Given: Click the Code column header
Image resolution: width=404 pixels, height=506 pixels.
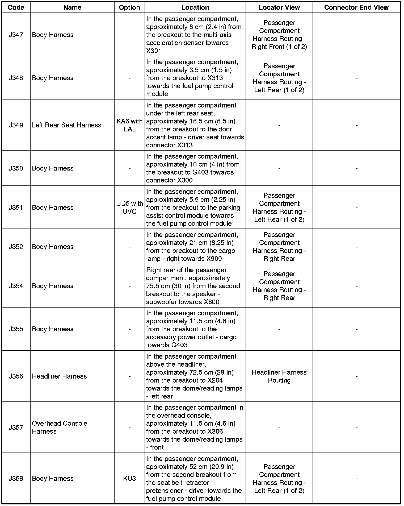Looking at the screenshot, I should click(16, 7).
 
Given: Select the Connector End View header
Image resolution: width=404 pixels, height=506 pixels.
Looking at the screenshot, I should click(356, 7).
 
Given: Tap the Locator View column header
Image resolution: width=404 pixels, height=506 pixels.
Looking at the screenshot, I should click(279, 7).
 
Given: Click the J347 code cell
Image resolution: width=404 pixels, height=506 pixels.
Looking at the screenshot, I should click(16, 35).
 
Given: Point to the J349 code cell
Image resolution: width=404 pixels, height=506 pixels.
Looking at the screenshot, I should click(16, 125).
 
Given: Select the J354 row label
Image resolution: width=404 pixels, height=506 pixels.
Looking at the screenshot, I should click(16, 286).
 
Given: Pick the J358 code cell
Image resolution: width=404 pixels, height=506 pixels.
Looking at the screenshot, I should click(16, 479).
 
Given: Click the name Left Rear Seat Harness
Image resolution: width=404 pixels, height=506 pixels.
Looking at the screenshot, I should click(66, 125).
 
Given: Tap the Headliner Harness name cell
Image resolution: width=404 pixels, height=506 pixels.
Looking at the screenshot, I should click(59, 376).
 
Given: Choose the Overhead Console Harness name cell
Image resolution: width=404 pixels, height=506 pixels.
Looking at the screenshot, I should click(59, 427).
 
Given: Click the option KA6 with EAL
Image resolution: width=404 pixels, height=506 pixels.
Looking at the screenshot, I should click(129, 125).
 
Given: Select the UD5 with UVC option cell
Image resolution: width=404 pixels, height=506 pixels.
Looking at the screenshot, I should click(129, 208).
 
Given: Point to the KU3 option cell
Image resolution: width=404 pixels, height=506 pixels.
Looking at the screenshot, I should click(129, 479).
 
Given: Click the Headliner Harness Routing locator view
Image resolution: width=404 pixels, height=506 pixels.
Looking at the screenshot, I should click(279, 376).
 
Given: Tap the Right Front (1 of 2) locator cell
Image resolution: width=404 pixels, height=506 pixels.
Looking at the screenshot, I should click(279, 47).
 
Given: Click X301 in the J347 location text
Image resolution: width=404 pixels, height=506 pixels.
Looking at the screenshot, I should click(154, 51).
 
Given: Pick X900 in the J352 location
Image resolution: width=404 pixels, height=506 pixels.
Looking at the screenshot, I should click(214, 259).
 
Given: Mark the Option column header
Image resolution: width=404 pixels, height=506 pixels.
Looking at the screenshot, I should click(129, 7).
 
